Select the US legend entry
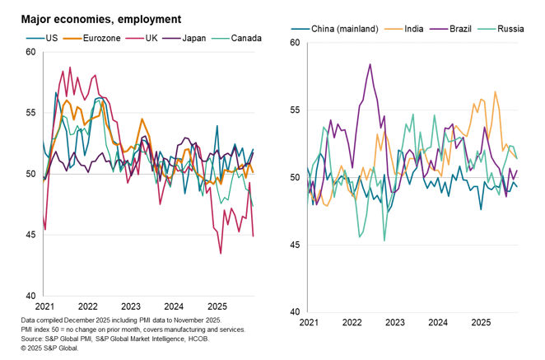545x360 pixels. (x=49, y=37)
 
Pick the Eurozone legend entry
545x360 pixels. (x=98, y=37)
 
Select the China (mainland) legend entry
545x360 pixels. (x=345, y=30)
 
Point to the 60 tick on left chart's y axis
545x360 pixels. (x=30, y=52)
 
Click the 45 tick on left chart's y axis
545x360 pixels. (x=30, y=235)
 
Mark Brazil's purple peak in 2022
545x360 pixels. (x=370, y=64)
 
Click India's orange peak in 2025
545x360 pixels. (x=496, y=91)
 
